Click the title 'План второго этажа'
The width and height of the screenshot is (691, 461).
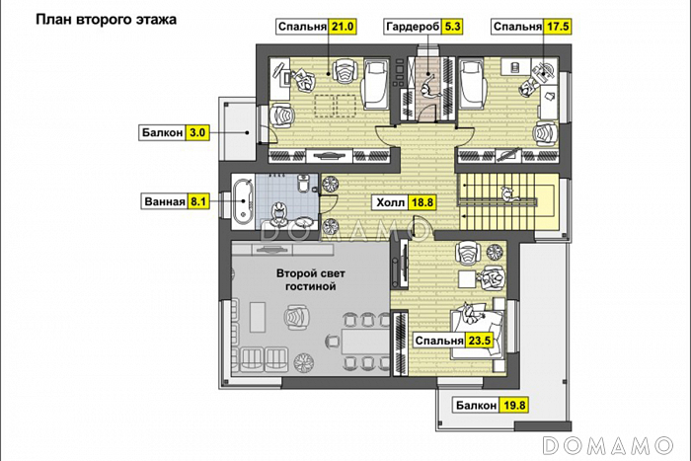click(x=106, y=19)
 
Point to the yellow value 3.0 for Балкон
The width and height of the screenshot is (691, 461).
click(x=197, y=131)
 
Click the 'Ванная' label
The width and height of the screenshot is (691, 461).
click(x=164, y=202)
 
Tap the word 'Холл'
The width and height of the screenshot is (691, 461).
click(x=389, y=202)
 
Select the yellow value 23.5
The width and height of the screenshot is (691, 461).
click(x=480, y=342)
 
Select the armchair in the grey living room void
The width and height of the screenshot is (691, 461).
click(x=293, y=317)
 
